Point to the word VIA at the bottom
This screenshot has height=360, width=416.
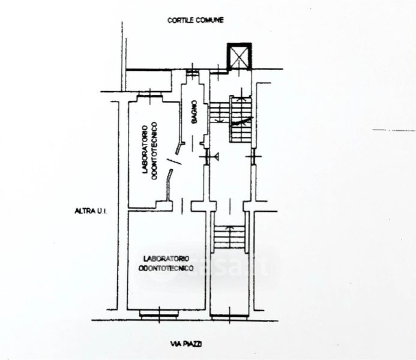175,343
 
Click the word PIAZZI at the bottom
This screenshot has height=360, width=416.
194,343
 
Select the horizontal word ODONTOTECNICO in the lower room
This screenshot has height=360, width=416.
166,268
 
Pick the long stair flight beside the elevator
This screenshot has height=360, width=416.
241,119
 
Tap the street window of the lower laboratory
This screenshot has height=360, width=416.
160,313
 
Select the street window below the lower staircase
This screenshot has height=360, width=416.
229,314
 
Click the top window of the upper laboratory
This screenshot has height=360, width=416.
149,95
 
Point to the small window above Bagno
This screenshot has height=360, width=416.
193,73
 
